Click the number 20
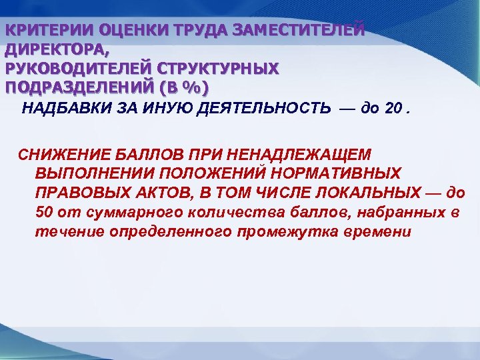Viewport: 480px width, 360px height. (394, 109)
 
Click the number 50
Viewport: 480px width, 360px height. (42, 213)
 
